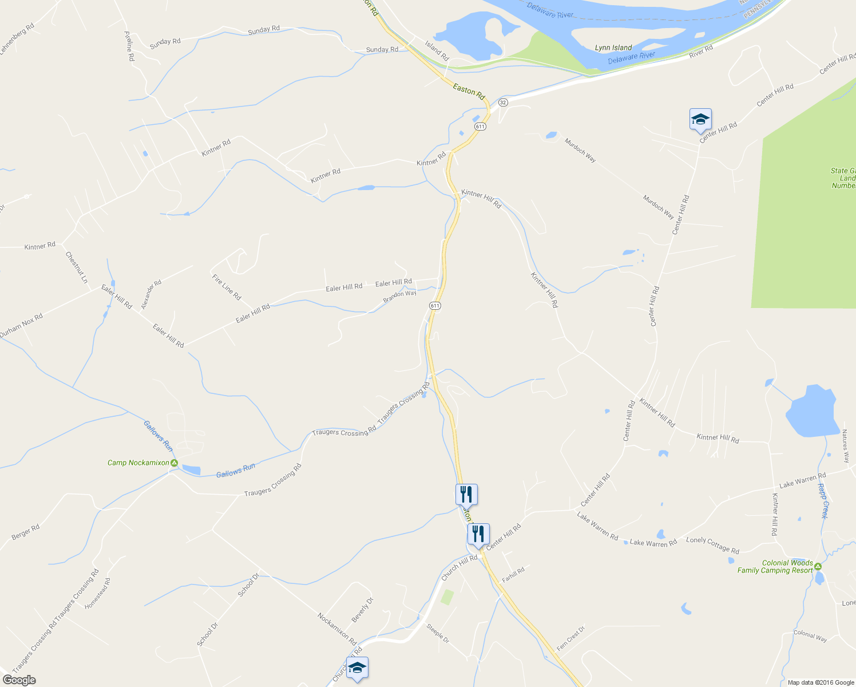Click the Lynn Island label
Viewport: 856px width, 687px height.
tap(613, 48)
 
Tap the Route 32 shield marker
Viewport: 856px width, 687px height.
tap(503, 102)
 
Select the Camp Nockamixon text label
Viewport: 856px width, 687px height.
tap(138, 463)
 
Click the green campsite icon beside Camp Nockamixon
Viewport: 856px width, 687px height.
tap(174, 463)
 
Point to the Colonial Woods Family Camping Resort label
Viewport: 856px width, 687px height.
tap(775, 567)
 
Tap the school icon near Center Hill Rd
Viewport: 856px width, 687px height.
tap(700, 120)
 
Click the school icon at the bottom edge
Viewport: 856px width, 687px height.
tap(357, 668)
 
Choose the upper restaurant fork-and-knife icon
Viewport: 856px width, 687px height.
tap(466, 494)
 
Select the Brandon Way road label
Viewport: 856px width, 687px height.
tap(399, 297)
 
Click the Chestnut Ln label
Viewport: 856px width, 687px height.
tap(77, 267)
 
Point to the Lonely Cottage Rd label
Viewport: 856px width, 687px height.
tap(712, 545)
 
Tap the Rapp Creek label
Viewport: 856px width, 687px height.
tap(822, 501)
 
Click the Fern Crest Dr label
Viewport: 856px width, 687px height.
tap(571, 638)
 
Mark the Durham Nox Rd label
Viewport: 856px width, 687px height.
tap(21, 325)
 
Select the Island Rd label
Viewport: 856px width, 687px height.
tap(437, 50)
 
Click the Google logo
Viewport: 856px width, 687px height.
tap(18, 680)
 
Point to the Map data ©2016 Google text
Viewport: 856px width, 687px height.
tap(821, 682)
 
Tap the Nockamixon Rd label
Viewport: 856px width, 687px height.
tap(337, 629)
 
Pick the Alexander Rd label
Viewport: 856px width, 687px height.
tap(152, 294)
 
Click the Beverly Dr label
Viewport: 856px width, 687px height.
tap(362, 610)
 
